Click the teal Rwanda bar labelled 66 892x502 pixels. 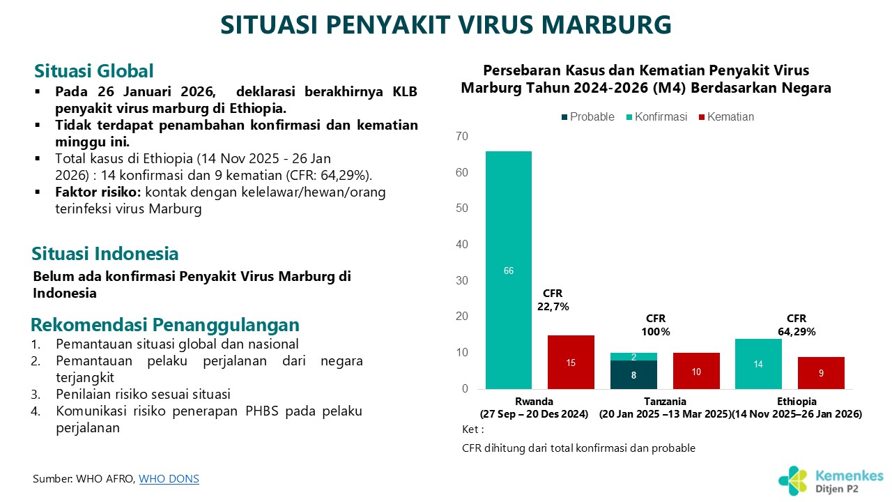click(509, 270)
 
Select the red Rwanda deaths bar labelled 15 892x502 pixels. click(571, 362)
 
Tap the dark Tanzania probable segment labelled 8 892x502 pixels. click(633, 374)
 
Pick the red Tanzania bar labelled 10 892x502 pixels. click(696, 371)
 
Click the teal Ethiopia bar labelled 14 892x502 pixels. click(758, 364)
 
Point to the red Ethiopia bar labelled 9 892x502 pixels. click(821, 373)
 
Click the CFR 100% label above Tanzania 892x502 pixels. click(656, 325)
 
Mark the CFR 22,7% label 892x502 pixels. click(553, 300)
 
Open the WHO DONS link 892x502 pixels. click(169, 479)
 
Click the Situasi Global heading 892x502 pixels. click(93, 71)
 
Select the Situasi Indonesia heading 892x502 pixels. click(105, 253)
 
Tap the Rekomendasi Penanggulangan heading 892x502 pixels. click(165, 325)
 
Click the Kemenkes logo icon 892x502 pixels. click(794, 480)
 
